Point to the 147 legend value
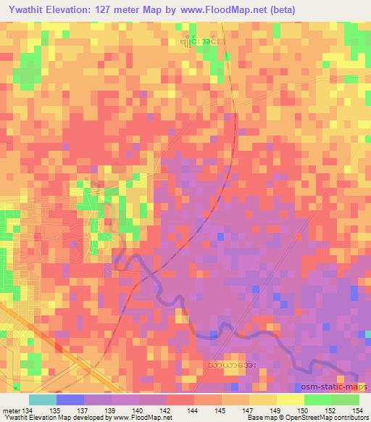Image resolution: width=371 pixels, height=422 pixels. pyautogui.click(x=250, y=410)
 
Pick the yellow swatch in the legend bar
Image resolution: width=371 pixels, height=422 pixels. pyautogui.click(x=290, y=400)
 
